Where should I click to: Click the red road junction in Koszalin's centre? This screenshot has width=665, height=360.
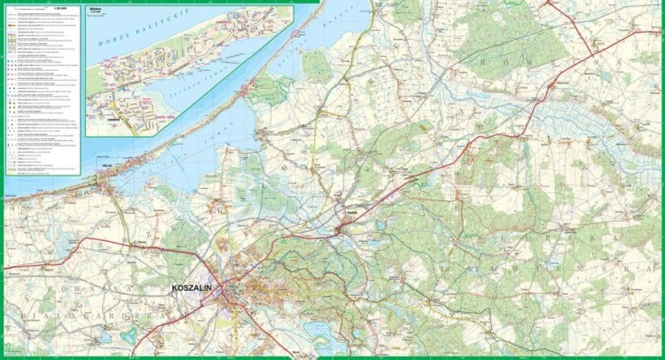pyautogui.click(x=232, y=289)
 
